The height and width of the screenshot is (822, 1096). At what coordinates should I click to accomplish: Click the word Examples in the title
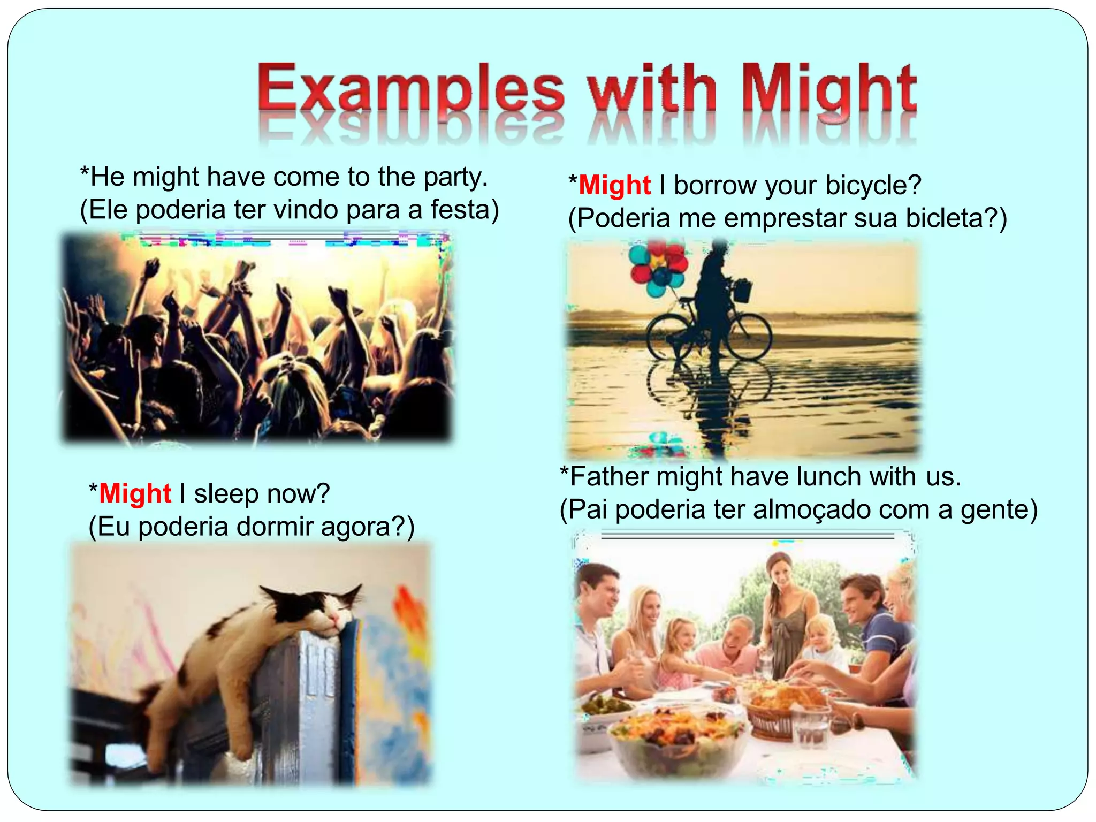click(411, 88)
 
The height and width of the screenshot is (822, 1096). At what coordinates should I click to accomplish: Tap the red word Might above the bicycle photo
click(614, 186)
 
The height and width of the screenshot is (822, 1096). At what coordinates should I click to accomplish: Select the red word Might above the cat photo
click(135, 493)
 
